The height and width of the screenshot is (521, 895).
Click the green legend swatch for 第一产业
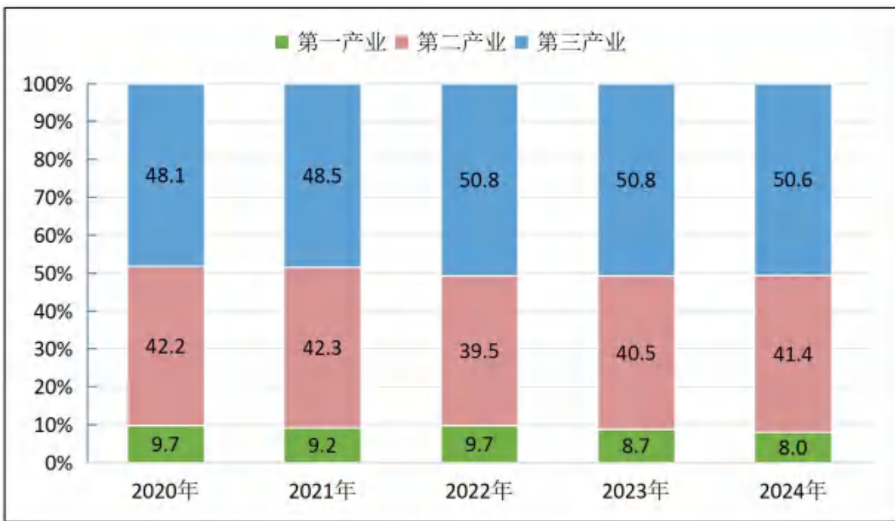coord(282,42)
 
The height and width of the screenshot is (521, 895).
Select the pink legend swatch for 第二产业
coord(401,42)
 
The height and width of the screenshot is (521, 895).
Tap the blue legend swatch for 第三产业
coord(521,42)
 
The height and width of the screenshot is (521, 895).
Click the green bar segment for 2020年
coord(166,444)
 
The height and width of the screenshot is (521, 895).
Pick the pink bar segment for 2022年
coord(479,351)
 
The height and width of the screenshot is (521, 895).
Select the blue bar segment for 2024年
coord(793,180)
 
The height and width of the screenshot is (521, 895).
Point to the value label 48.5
coord(322,176)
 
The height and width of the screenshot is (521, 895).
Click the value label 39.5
coord(479,351)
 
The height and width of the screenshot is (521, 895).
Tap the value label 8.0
coord(793,447)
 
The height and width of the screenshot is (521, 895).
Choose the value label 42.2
coord(165,347)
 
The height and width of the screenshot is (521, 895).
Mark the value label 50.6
coord(793,180)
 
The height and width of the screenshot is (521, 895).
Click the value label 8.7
coord(635,446)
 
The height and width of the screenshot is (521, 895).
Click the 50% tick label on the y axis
coord(53,274)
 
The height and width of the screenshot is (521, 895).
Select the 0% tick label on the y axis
coord(59,464)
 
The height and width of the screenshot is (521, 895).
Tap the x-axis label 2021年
coord(322,491)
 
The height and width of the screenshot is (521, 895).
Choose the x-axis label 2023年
coord(635,491)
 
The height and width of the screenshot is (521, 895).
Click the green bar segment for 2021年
coord(322,446)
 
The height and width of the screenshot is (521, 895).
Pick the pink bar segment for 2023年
coord(636,353)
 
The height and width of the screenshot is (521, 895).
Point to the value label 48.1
coord(165,175)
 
